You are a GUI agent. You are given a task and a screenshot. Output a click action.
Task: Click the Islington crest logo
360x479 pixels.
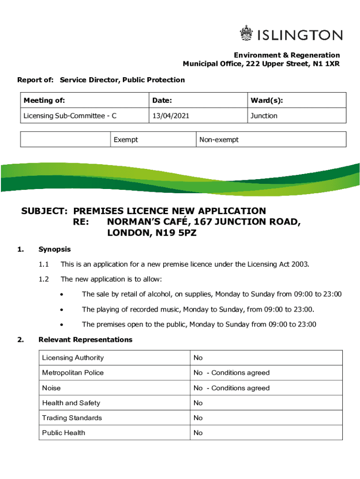[x=246, y=34]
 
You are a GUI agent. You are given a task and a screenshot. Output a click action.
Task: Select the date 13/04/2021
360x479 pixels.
[x=170, y=116]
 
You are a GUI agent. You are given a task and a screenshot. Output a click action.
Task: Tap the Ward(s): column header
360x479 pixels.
[x=266, y=101]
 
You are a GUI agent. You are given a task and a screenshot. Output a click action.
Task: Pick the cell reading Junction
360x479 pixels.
[x=264, y=116]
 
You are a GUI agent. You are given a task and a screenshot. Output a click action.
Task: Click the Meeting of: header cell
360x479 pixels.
[x=44, y=101]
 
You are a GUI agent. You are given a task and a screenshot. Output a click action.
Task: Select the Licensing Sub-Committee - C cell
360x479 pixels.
[x=70, y=116]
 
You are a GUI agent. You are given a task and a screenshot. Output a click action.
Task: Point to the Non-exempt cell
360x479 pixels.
[x=219, y=139]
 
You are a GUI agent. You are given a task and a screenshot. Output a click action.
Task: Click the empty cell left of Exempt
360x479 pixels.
[x=65, y=139]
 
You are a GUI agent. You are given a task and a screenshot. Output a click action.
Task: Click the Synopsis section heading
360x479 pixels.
[x=55, y=249]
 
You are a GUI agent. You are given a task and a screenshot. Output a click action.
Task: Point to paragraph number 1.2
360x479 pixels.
[x=44, y=279]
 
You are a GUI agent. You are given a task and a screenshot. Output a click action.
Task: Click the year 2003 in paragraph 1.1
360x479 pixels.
[x=299, y=264]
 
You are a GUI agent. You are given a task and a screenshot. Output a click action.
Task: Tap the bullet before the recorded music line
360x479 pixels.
[x=62, y=309]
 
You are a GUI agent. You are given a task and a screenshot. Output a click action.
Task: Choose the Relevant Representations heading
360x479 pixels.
[x=86, y=340]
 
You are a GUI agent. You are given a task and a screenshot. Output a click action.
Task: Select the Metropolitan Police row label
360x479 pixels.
[x=73, y=373]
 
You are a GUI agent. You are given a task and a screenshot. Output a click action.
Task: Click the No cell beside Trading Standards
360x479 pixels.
[x=198, y=418]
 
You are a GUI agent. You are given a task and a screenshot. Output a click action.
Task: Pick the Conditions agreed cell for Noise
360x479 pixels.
[x=232, y=388]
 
